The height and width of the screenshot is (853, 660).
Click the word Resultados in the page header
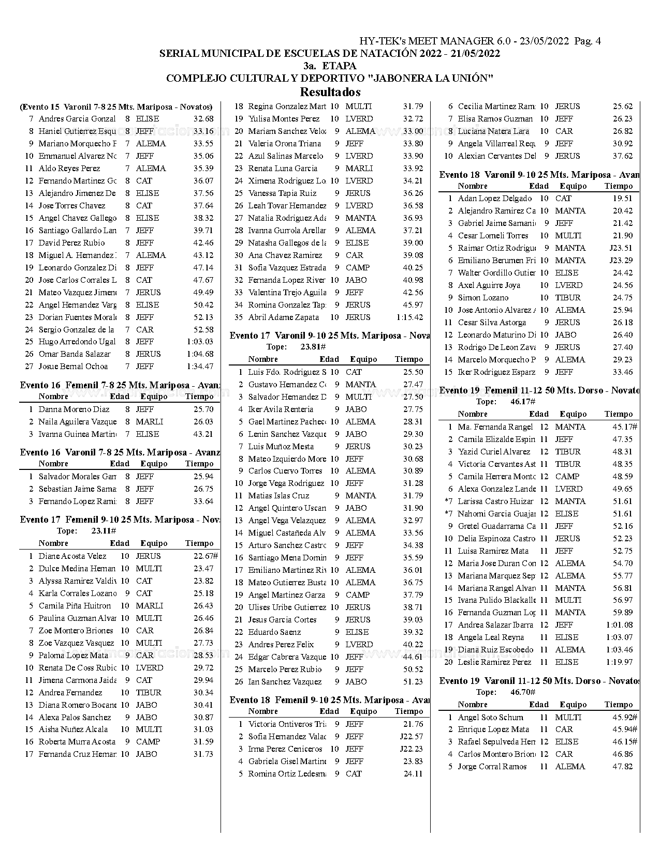point(330,93)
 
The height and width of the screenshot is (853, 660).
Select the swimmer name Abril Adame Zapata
point(283,317)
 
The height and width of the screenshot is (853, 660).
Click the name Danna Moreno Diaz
point(74,409)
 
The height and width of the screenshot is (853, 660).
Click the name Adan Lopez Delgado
point(494,199)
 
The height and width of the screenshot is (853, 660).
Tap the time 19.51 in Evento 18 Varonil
point(622,199)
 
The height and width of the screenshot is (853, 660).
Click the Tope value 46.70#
point(523,692)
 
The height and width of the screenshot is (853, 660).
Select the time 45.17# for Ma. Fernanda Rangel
point(624,427)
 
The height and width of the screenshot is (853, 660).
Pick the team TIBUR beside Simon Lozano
point(568,298)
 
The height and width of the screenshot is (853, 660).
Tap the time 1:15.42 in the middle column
point(409,317)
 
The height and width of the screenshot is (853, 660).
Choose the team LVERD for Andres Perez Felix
point(359,645)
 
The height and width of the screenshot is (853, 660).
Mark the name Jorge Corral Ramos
point(492,767)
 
